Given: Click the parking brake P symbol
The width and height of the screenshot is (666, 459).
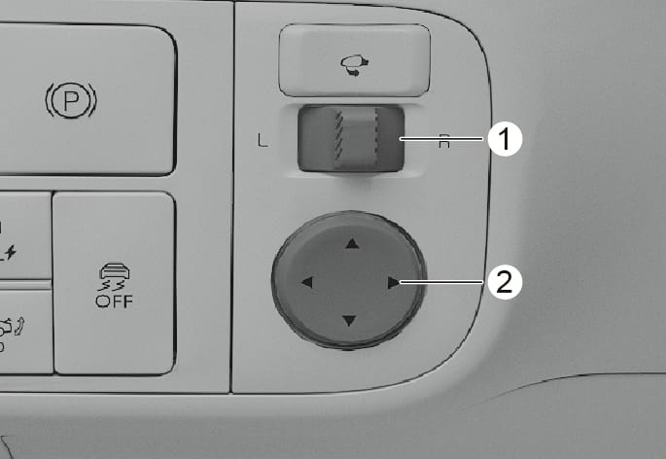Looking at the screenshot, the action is (71, 101).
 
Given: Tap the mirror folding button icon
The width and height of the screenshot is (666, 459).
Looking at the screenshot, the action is (354, 65).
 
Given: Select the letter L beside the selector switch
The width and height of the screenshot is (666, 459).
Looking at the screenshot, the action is (263, 140).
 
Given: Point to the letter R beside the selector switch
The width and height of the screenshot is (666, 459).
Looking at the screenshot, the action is (444, 141).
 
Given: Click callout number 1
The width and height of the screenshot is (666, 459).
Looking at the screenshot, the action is (505, 139).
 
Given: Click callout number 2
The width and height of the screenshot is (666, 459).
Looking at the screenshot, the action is (505, 282).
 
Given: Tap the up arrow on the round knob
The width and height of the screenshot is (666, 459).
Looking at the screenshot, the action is (352, 243).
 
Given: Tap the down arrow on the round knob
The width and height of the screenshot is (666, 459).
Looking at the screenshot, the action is (349, 321).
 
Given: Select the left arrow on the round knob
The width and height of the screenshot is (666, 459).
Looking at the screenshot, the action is (307, 282).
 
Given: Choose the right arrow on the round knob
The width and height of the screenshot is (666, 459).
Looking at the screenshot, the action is (394, 283).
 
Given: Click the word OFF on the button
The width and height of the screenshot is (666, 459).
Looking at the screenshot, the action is (115, 301).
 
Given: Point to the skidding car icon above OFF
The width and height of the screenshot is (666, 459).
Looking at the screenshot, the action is (114, 277).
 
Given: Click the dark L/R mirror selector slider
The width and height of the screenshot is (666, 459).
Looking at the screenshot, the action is (351, 139).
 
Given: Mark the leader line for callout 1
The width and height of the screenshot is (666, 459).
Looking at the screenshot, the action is (441, 138).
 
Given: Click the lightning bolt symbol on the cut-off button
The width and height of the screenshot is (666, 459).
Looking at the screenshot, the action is (10, 253).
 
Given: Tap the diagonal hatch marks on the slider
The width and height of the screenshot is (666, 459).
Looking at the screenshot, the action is (338, 135).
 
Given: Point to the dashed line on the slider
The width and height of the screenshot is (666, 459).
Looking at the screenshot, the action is (376, 135).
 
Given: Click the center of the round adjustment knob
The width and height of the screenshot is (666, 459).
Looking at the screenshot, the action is (349, 280).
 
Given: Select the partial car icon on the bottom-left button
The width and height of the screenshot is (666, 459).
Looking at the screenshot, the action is (10, 327).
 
